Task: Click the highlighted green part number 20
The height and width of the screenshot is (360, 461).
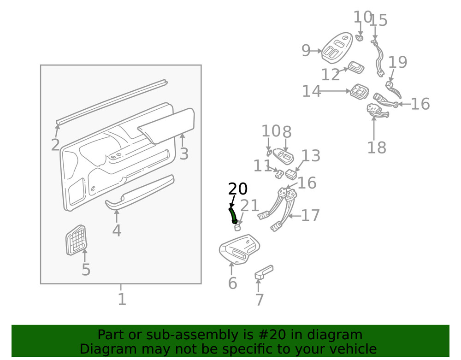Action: coord(233,215)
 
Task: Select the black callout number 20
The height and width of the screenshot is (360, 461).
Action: coord(238,189)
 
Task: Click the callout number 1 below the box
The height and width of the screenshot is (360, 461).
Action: coord(122,299)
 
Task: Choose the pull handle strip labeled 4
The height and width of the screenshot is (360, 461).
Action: coord(138,191)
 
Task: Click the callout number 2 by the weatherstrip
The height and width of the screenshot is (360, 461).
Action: coord(55,145)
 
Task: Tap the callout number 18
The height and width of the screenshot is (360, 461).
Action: coord(376,148)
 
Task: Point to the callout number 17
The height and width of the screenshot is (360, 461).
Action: coord(310,215)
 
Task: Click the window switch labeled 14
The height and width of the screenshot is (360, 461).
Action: coord(359,91)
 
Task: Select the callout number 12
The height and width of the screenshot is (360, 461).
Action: coord(330,75)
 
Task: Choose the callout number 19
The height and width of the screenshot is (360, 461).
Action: coord(397,62)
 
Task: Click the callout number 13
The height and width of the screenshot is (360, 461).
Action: coord(311,156)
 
